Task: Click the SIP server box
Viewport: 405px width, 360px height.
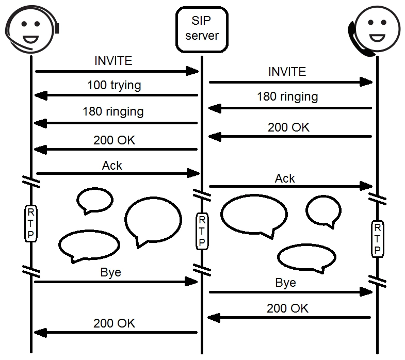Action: coord(202,29)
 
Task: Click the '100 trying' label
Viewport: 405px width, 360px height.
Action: coord(114,85)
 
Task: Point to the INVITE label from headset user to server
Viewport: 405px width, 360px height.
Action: coord(114,61)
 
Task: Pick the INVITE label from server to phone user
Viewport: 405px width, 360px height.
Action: coord(287,72)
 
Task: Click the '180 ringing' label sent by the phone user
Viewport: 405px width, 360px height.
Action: coord(287,96)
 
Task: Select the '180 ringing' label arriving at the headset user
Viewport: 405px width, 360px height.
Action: coord(113,111)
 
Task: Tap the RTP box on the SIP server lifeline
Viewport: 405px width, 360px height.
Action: coord(202,231)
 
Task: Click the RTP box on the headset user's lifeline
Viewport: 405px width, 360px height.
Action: coord(30,223)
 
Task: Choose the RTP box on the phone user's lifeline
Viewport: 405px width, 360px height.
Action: coord(378,239)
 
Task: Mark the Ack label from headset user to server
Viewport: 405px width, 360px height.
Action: coord(112,165)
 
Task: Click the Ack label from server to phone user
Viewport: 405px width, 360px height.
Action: coord(285,178)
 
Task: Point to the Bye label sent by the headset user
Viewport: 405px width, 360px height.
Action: coord(110,272)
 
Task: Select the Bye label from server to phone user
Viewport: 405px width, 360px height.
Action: coord(285,283)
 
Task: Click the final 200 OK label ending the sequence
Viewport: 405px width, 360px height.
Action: coord(114,323)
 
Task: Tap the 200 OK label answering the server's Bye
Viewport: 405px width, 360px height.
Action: coord(287,308)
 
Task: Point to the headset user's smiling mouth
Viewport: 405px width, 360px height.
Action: coord(30,38)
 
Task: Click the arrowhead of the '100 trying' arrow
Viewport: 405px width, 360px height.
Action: coord(39,95)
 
